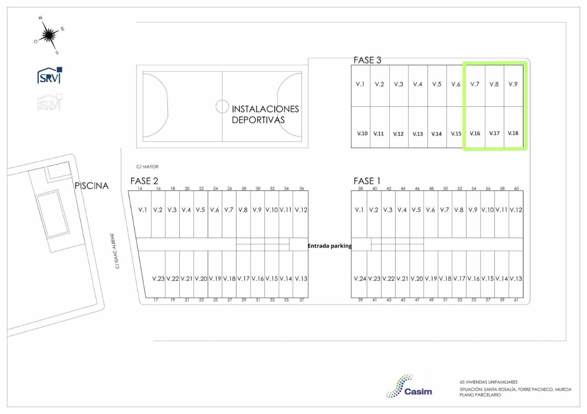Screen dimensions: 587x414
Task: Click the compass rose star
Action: pos(48,35)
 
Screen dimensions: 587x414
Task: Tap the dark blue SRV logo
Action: pos(50,75)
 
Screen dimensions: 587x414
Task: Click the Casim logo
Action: pos(409,387)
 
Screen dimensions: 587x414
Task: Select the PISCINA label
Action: pos(91,186)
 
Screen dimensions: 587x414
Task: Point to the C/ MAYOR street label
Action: pos(147,167)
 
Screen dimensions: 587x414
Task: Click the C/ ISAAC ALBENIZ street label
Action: pos(114,251)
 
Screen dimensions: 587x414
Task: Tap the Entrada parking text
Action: pos(330,246)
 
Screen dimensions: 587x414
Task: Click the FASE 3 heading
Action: pos(367,60)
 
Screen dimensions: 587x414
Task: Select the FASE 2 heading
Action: pos(144,181)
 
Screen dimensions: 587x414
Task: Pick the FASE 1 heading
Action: pos(367,181)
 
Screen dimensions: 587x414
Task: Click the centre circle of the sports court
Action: pos(222,107)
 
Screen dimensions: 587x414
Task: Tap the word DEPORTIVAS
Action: pos(258,120)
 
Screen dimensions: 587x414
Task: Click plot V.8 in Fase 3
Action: pos(494,84)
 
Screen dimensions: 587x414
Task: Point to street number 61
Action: pos(516,300)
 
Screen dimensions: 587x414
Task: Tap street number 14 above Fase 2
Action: pos(140,188)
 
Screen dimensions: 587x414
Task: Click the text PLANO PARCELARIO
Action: pos(480,395)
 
